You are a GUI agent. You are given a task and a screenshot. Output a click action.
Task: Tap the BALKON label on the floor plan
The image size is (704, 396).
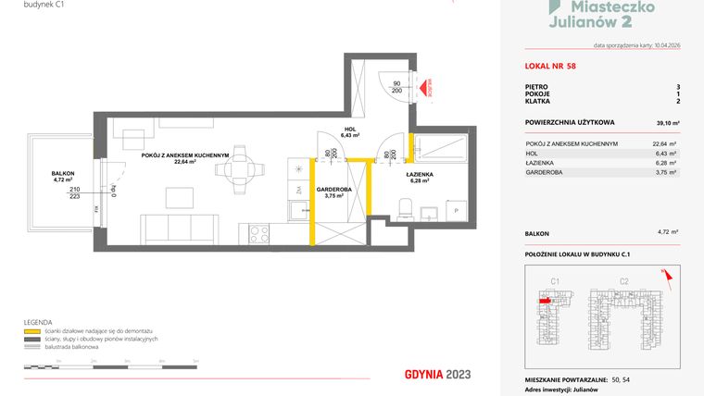(x=64, y=173)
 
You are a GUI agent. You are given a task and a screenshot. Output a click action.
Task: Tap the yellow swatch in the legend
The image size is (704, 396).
(x=31, y=330)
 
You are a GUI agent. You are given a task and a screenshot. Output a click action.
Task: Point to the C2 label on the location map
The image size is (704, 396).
(x=623, y=280)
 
